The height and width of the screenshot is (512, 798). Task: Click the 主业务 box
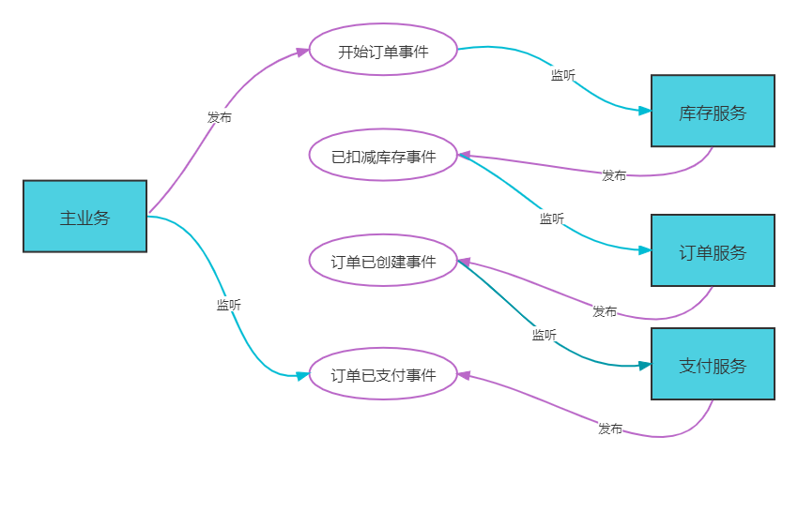point(84,217)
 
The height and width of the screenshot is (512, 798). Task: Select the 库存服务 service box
point(713,112)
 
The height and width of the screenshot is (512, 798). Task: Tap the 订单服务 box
point(713,251)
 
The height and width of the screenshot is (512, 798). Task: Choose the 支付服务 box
point(713,364)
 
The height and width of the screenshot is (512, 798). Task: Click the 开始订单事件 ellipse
point(383,51)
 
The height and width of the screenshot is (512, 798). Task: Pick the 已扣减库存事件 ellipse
point(383,156)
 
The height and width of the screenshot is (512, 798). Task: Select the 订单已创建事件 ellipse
point(383,261)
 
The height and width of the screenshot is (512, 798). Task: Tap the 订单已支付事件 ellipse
point(383,374)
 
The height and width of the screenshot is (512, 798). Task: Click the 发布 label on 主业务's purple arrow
point(220,117)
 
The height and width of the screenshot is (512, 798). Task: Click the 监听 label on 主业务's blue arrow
point(228,304)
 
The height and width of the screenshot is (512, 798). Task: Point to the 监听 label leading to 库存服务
point(563,75)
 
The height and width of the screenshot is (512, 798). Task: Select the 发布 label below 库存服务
point(614,175)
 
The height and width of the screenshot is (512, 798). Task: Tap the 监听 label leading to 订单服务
point(551,218)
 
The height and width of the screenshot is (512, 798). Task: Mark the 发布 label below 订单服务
point(605,311)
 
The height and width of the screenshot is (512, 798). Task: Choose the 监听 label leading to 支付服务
point(544,335)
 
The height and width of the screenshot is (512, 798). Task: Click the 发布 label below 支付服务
point(610,429)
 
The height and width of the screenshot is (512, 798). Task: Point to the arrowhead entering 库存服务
point(645,111)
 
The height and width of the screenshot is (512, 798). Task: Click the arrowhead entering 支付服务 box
point(645,365)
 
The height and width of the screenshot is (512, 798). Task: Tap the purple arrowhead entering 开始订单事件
point(302,52)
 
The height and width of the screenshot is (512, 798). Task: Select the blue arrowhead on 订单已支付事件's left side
point(302,375)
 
